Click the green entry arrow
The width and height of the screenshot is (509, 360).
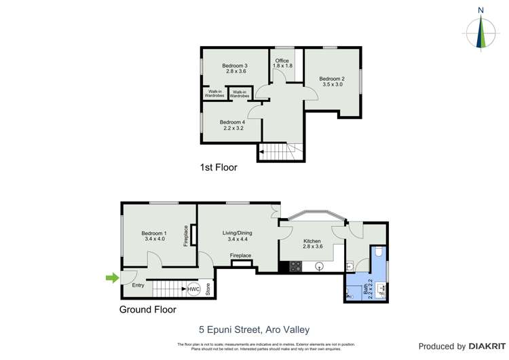(x=111, y=277)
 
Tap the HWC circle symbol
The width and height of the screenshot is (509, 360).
(x=193, y=288)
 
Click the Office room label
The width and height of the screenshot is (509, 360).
(x=282, y=62)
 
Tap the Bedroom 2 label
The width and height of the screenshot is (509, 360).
(x=331, y=81)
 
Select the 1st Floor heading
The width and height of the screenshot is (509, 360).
(x=218, y=167)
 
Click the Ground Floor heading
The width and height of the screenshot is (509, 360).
(x=147, y=310)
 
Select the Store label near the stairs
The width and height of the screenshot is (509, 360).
(x=208, y=289)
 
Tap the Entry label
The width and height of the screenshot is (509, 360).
(x=138, y=285)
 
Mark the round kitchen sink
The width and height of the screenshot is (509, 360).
(x=318, y=267)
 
